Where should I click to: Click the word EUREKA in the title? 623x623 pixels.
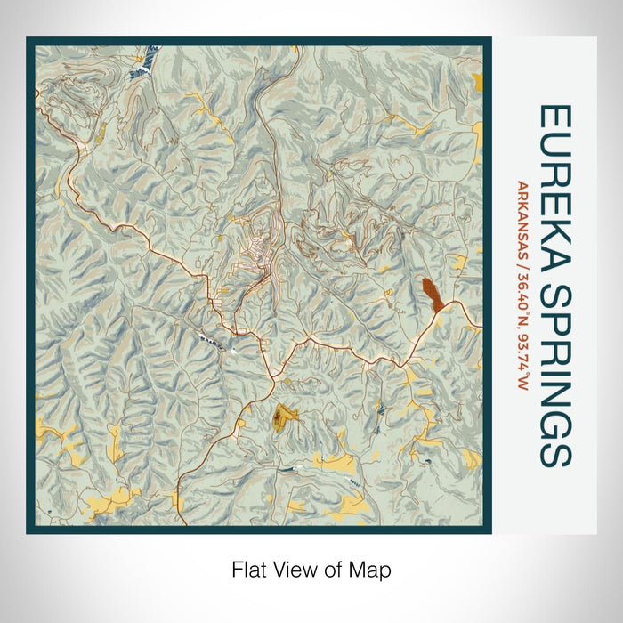[554, 182]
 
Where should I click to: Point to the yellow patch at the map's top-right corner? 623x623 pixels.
[479, 82]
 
